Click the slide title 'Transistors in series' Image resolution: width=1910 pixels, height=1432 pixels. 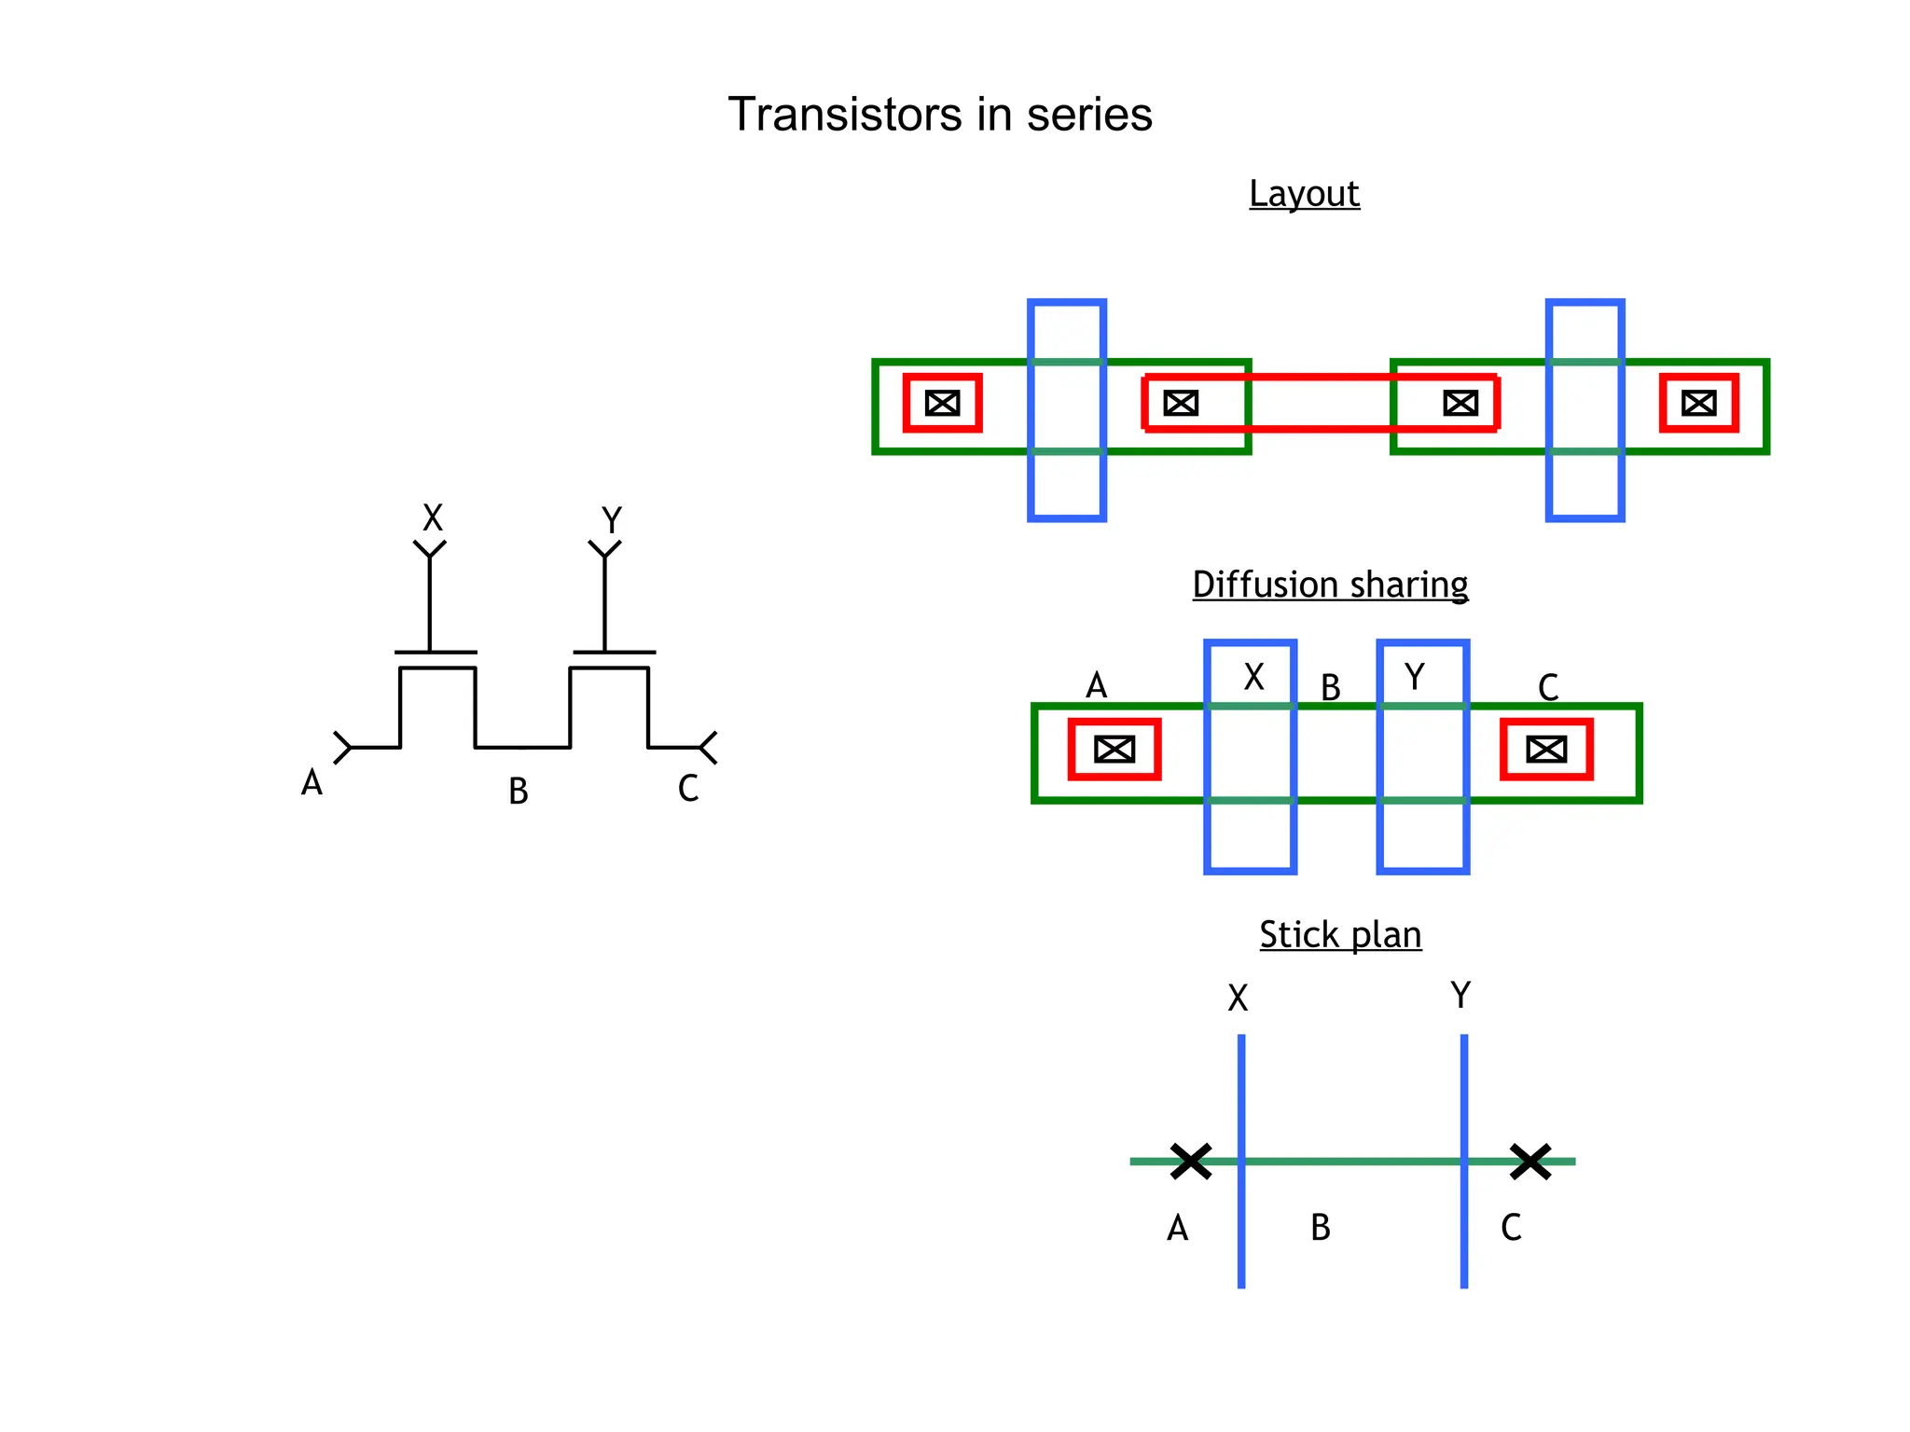[939, 115]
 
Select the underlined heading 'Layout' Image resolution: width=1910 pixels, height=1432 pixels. [1304, 194]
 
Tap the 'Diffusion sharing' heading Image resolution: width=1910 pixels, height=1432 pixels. [1330, 585]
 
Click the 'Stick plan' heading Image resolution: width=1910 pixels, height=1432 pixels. [1340, 934]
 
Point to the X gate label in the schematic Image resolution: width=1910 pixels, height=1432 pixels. [433, 517]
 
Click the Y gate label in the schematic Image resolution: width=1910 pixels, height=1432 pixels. [611, 520]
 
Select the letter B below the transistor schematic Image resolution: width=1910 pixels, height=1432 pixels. [519, 792]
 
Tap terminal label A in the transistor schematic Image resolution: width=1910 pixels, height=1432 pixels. [311, 782]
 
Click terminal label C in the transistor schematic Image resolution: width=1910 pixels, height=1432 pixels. [688, 789]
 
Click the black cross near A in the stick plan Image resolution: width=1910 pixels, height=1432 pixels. [1191, 1162]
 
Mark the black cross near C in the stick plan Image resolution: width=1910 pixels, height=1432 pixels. [1530, 1162]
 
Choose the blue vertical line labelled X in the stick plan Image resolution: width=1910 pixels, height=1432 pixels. [1241, 1212]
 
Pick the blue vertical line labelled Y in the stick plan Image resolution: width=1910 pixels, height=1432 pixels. [1464, 1212]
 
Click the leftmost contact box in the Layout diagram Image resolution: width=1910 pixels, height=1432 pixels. [943, 404]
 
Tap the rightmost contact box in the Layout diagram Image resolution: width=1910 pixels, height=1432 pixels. [1698, 404]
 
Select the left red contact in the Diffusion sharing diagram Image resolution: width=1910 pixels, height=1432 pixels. [1114, 750]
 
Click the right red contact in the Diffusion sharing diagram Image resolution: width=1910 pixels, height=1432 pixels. [1546, 750]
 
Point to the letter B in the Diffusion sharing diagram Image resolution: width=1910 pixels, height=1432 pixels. [1331, 688]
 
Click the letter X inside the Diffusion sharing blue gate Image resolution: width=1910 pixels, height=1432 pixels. [1254, 677]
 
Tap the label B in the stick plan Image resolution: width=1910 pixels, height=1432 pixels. [1321, 1228]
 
